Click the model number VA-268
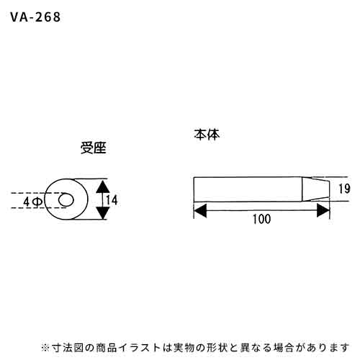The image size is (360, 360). point(35,17)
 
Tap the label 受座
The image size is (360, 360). point(94,148)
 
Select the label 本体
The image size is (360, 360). point(207,135)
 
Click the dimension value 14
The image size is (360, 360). point(112,200)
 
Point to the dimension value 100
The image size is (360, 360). point(262,219)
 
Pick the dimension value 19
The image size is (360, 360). point(344,189)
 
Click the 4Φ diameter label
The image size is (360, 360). point(33,202)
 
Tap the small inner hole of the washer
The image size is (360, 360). point(66,200)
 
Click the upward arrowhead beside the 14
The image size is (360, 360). point(103,187)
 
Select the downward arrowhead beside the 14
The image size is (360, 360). point(103,212)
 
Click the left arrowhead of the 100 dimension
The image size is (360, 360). point(200,210)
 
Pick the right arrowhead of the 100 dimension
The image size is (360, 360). point(323,210)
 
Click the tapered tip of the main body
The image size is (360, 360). point(315,189)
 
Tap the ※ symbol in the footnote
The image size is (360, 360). point(45,348)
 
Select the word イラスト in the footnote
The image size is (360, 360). point(140,348)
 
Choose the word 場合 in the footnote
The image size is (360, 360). point(283,348)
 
